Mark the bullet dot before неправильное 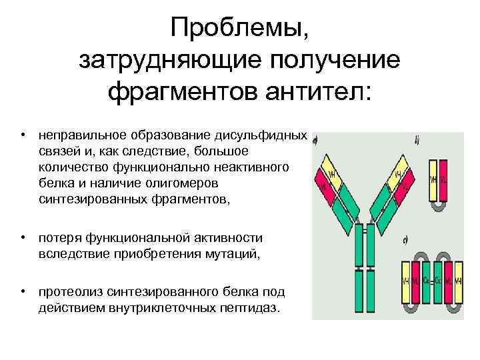[23, 134]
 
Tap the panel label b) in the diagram [417, 140]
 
